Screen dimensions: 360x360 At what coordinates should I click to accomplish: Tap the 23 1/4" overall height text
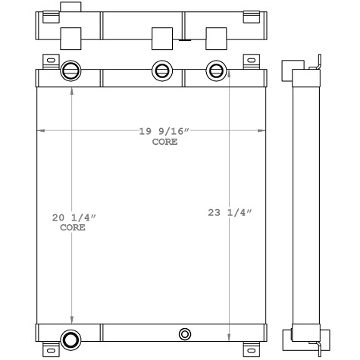click(230, 213)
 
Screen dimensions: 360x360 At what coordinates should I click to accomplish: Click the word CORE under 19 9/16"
click(164, 142)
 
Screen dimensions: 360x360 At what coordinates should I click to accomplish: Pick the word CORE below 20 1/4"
click(73, 227)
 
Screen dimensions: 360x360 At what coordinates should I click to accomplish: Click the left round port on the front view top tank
click(69, 70)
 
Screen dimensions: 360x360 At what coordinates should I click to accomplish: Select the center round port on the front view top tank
click(161, 71)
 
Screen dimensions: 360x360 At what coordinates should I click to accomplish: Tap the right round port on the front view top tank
click(216, 71)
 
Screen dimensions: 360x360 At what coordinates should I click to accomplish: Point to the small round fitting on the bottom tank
click(185, 334)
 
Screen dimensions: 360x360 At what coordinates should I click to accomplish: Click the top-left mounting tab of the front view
click(50, 61)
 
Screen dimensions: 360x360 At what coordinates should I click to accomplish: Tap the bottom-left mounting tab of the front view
click(50, 349)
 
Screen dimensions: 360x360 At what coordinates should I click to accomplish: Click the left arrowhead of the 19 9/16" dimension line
click(41, 131)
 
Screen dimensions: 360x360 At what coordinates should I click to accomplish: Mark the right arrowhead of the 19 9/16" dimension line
click(259, 131)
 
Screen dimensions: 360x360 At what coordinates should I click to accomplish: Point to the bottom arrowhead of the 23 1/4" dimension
click(230, 337)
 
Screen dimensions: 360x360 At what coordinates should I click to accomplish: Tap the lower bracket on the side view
click(287, 337)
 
